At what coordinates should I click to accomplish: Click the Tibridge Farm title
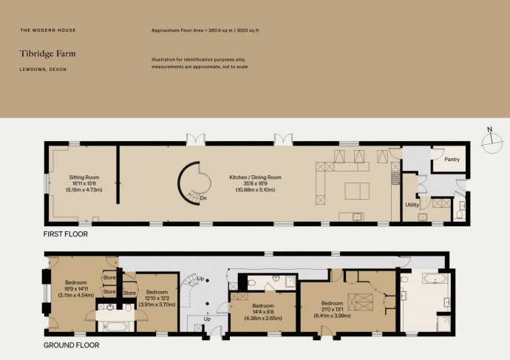click(47, 54)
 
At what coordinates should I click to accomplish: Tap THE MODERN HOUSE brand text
click(48, 30)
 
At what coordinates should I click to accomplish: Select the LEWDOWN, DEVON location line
click(43, 69)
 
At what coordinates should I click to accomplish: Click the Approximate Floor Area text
click(205, 30)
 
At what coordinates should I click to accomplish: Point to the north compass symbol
click(492, 140)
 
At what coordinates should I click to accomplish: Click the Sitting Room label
click(84, 183)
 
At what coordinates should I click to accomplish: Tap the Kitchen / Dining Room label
click(255, 183)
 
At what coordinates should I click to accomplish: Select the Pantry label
click(452, 160)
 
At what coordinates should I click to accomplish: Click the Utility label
click(412, 205)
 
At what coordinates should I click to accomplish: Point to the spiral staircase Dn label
click(203, 197)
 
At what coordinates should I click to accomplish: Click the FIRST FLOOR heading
click(66, 234)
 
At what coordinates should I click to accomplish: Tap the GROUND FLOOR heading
click(72, 345)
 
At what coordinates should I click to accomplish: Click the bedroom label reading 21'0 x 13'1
click(332, 309)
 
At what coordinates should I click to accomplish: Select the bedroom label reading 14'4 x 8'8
click(263, 312)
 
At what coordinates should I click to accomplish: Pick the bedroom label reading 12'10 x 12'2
click(157, 298)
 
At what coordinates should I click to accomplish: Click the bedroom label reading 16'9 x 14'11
click(76, 289)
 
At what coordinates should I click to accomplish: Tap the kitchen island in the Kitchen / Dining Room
click(357, 191)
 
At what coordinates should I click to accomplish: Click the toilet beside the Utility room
click(460, 215)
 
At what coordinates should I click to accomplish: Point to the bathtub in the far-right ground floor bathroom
click(435, 279)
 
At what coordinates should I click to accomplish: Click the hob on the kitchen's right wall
click(395, 179)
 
